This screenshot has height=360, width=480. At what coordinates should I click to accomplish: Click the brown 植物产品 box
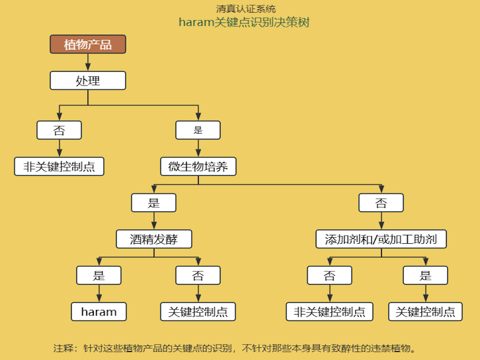(88, 44)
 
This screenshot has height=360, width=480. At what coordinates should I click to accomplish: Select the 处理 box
(88, 81)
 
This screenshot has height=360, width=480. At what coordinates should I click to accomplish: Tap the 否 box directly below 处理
(59, 130)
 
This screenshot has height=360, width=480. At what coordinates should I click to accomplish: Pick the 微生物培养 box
(198, 166)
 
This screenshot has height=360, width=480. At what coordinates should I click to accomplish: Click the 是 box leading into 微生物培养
(198, 130)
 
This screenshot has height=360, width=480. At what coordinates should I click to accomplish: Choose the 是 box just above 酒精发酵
(154, 203)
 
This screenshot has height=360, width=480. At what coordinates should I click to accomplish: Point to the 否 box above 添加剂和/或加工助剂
(381, 203)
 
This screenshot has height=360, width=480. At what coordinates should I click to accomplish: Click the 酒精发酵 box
(154, 240)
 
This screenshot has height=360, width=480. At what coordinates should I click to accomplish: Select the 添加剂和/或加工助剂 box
(381, 240)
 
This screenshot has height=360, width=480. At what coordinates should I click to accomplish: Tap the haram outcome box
(99, 312)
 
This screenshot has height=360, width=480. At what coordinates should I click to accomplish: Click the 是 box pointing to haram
(99, 276)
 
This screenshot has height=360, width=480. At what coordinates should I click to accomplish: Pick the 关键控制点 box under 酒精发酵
(198, 312)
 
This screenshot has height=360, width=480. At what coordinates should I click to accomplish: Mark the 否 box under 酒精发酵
(198, 276)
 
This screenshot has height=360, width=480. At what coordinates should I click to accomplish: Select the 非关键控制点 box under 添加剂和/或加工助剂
(330, 312)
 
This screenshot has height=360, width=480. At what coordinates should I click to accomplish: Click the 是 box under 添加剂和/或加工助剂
(425, 276)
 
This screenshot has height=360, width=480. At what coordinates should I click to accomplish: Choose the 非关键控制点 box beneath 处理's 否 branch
(59, 166)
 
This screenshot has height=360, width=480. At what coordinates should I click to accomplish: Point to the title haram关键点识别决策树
(244, 22)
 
